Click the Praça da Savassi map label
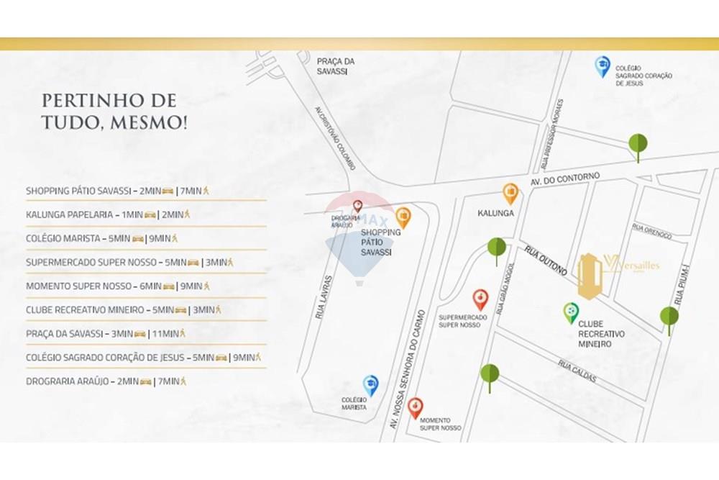(336, 65)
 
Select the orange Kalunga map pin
(510, 193)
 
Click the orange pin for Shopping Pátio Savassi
(403, 217)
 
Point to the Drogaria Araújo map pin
(357, 207)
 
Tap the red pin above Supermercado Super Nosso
(480, 299)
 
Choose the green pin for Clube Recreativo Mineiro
(571, 312)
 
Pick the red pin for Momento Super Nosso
(415, 407)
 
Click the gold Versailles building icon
(590, 276)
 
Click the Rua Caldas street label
(577, 371)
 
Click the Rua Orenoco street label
(652, 231)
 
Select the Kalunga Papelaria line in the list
(108, 214)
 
